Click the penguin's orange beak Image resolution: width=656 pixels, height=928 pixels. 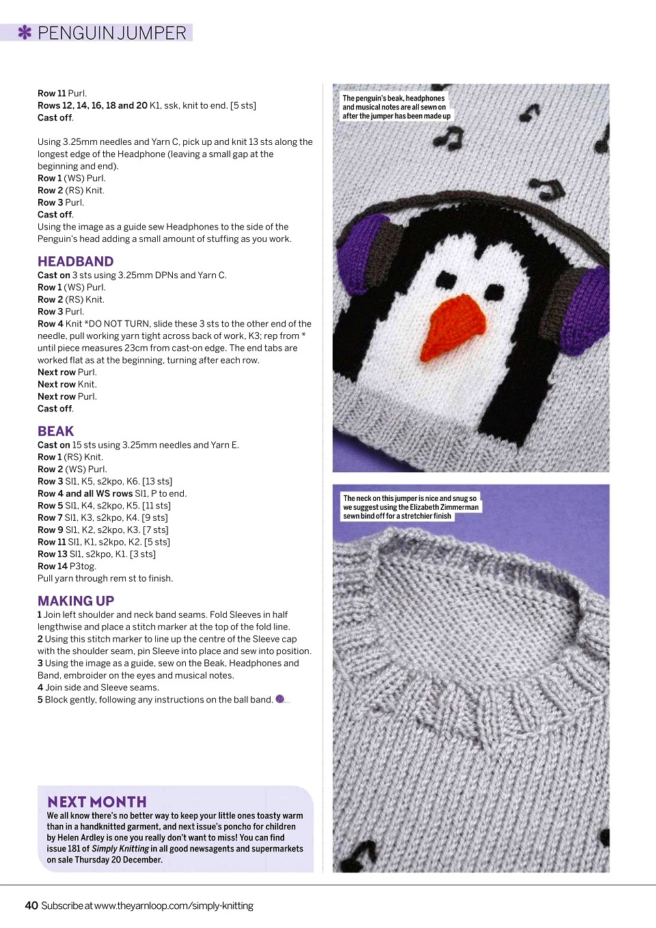point(454,327)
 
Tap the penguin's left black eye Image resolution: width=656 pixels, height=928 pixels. point(446,280)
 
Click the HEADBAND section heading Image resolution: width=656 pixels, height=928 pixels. point(75,261)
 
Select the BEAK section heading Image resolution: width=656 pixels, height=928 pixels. point(55,431)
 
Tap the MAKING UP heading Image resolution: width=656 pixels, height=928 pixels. point(75,601)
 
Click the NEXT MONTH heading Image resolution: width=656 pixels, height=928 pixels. point(96,802)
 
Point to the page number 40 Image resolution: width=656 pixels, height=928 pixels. point(31,905)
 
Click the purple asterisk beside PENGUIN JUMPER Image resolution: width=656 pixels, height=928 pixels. point(25,32)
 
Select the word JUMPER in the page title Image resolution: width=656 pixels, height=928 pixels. point(153,33)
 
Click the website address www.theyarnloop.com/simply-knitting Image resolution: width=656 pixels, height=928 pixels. point(174,905)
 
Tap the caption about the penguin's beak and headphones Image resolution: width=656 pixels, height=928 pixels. point(396,107)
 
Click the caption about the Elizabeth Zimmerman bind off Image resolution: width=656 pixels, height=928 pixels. point(410,507)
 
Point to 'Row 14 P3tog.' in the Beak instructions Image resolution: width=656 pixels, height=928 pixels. point(67,566)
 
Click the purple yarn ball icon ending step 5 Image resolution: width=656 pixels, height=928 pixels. point(279,698)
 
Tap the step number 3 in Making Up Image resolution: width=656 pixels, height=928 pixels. point(40,663)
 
